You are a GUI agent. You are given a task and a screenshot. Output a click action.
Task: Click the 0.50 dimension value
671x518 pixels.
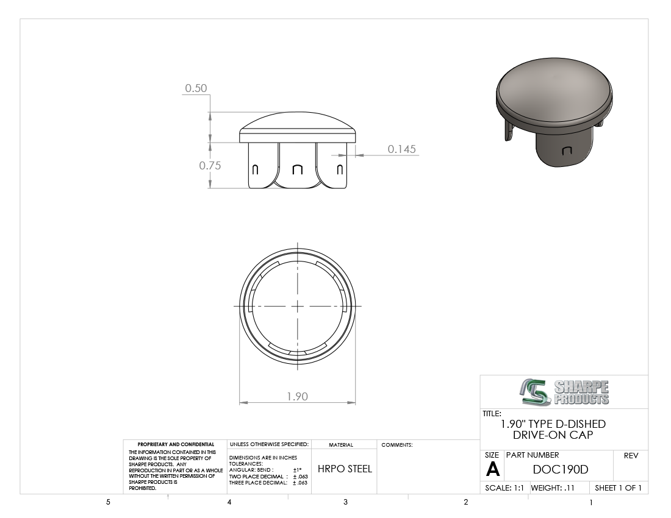196,88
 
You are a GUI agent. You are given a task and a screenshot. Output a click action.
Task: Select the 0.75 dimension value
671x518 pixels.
210,165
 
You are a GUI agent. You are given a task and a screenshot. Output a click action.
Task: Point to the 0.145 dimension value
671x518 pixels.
402,149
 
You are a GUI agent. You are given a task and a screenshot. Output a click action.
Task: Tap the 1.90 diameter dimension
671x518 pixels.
298,397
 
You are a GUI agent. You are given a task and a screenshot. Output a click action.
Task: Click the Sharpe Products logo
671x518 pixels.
565,392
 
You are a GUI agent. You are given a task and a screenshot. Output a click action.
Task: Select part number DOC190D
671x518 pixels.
561,470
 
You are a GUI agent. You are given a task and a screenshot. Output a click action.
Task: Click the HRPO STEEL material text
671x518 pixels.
345,469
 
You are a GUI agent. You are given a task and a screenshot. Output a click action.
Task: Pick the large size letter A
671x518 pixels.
493,470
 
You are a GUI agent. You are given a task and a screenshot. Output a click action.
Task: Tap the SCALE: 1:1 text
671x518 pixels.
504,488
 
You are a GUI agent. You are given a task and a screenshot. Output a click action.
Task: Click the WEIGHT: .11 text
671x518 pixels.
553,488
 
